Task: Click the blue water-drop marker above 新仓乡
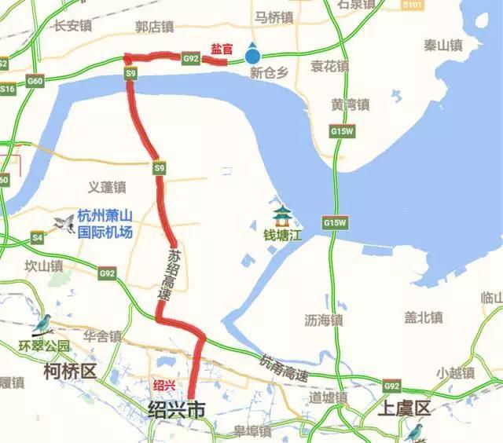tap(251, 53)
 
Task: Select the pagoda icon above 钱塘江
tap(281, 214)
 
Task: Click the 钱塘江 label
tap(282, 234)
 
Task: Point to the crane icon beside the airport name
tap(63, 224)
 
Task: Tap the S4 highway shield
tap(37, 236)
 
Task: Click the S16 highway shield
tap(7, 90)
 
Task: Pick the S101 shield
tap(410, 5)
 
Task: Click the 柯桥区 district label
tap(70, 371)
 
